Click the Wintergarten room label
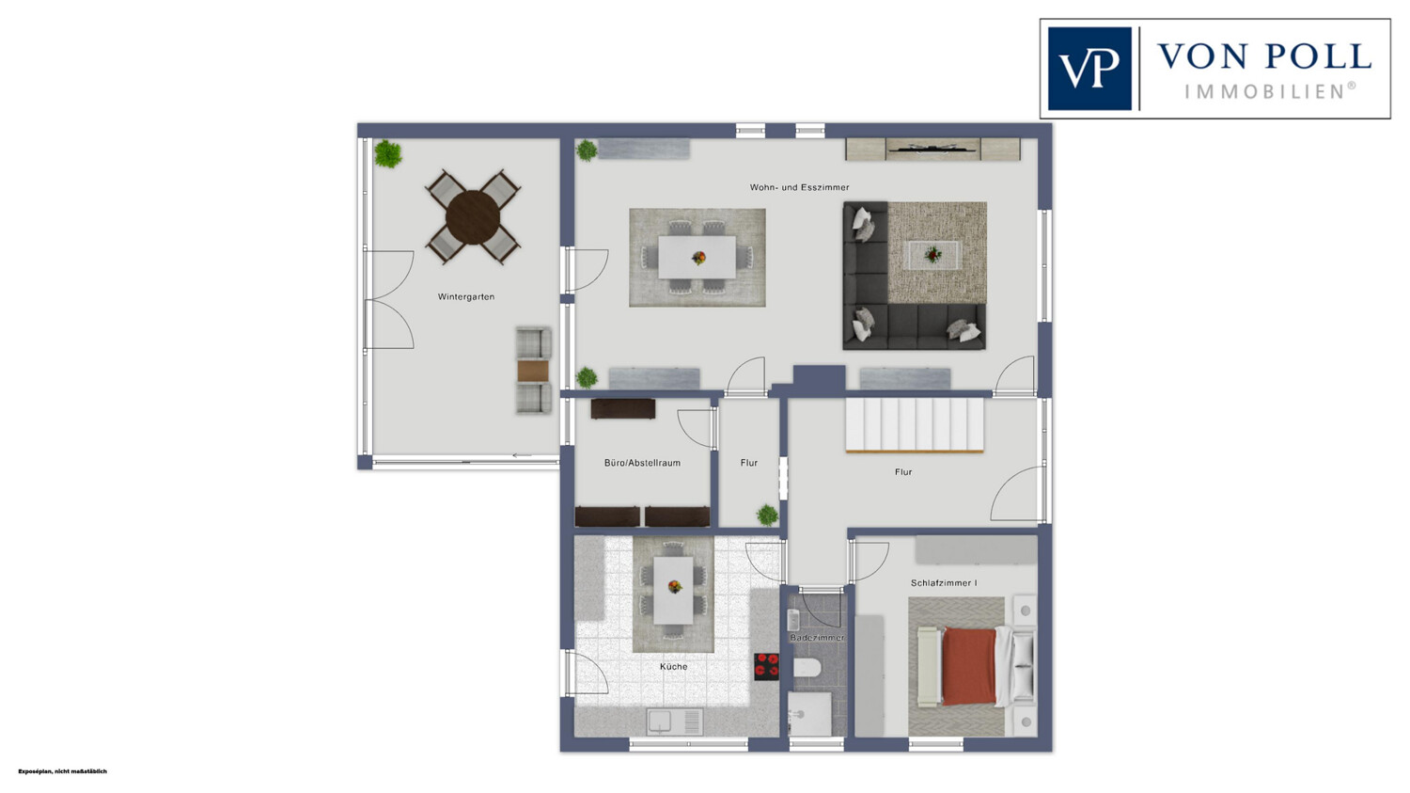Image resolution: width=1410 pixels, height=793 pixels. (x=466, y=296)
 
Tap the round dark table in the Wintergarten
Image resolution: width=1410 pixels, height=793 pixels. (x=473, y=217)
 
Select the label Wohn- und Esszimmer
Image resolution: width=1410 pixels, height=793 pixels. (x=799, y=187)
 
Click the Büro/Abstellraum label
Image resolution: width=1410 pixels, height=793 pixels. (x=642, y=463)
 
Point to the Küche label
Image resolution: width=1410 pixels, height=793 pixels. (x=674, y=666)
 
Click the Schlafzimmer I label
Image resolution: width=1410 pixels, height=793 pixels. (x=944, y=583)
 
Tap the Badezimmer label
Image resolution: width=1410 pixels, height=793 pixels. (x=817, y=638)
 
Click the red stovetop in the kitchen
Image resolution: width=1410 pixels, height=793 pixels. (x=767, y=666)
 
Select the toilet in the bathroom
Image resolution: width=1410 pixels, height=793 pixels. (x=807, y=668)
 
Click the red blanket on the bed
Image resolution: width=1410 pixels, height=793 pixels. (x=969, y=666)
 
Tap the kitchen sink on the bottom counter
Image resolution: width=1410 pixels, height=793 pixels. (x=675, y=722)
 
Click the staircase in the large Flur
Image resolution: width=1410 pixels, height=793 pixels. (x=914, y=425)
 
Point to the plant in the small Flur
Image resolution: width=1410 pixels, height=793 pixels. (x=767, y=515)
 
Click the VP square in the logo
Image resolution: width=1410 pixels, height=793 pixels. (x=1089, y=69)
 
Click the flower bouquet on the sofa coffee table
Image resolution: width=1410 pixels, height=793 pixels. (x=932, y=255)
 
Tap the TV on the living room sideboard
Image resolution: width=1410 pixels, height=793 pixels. (x=932, y=149)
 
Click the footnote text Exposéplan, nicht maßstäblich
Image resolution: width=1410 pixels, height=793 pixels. (x=62, y=771)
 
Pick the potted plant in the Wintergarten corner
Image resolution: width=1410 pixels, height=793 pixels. (x=387, y=153)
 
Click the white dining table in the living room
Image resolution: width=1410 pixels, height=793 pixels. (x=697, y=257)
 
